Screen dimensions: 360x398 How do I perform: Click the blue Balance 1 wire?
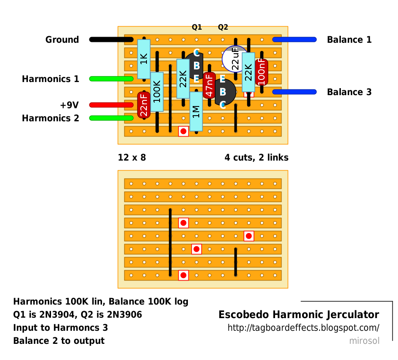(294, 40)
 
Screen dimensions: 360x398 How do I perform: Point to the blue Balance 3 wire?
(294, 92)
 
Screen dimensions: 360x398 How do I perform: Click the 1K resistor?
(144, 59)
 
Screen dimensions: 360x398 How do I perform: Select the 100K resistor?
(157, 92)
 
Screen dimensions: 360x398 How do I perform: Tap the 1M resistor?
(196, 111)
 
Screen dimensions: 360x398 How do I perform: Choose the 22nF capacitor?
(144, 105)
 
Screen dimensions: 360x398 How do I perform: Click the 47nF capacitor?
(209, 85)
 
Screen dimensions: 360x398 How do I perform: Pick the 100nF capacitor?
(262, 72)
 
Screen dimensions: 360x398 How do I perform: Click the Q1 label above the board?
(197, 27)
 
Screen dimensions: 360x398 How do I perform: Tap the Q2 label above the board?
(223, 27)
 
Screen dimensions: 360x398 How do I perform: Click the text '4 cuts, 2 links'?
(256, 158)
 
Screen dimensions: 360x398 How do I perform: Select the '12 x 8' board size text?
(132, 158)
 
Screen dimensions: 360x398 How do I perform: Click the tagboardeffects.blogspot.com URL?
(303, 328)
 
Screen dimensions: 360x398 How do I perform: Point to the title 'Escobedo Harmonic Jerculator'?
(299, 315)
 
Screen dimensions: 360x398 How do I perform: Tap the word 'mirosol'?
(364, 341)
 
